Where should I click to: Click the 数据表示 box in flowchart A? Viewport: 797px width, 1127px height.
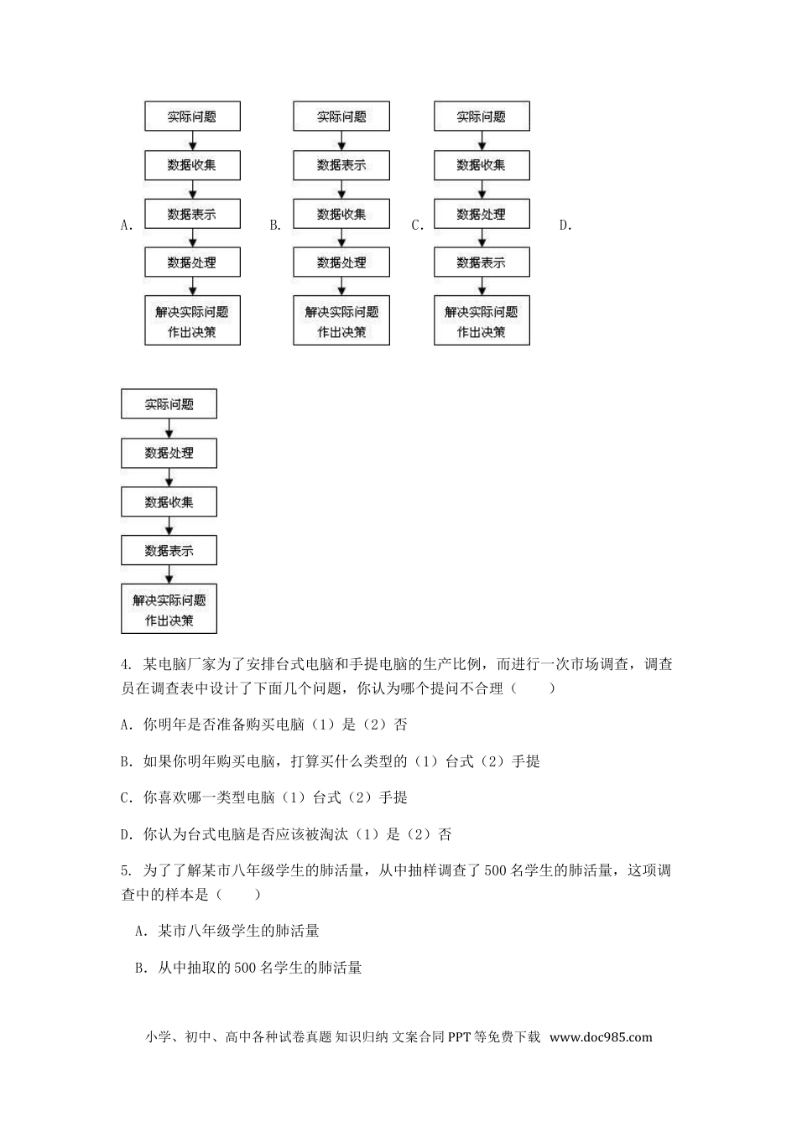[192, 214]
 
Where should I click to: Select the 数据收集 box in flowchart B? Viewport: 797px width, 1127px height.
[341, 214]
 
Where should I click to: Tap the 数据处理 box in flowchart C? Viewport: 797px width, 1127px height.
[482, 214]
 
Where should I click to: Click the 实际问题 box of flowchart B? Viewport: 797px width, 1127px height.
[341, 117]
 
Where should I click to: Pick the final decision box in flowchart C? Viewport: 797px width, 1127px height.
[482, 321]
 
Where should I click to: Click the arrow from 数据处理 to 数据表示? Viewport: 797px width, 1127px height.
[482, 238]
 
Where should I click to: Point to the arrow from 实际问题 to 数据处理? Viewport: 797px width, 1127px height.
[169, 428]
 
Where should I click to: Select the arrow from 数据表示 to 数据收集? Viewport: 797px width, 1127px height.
[341, 190]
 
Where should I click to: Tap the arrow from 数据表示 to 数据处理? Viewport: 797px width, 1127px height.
[192, 238]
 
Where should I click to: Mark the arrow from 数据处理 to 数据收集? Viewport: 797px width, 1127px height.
[169, 477]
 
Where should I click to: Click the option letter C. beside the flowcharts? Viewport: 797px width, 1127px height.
[417, 225]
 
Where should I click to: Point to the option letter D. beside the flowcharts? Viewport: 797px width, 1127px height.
[565, 225]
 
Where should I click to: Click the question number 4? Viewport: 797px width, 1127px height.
[127, 665]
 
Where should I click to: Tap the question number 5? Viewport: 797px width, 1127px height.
[127, 871]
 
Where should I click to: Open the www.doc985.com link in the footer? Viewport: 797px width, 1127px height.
[601, 1037]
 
